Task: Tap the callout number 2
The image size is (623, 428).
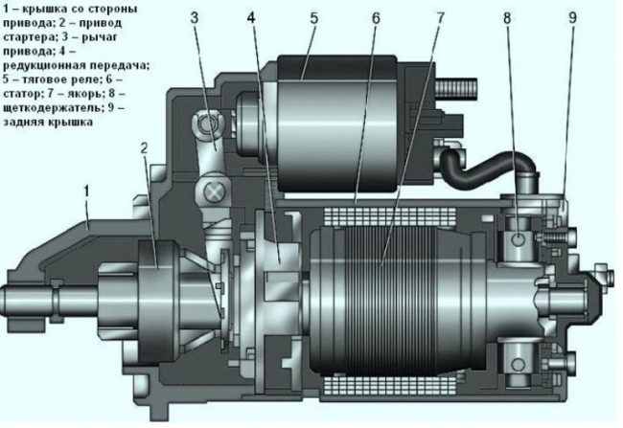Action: tap(144, 148)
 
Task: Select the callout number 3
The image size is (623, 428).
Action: tap(194, 18)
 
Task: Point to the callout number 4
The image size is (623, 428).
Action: tap(251, 18)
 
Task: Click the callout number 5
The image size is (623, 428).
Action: tap(313, 18)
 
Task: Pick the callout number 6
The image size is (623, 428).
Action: tap(376, 18)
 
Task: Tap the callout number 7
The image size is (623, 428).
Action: tap(440, 18)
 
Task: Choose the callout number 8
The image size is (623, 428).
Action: tap(507, 18)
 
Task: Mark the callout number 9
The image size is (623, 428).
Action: tap(572, 18)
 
